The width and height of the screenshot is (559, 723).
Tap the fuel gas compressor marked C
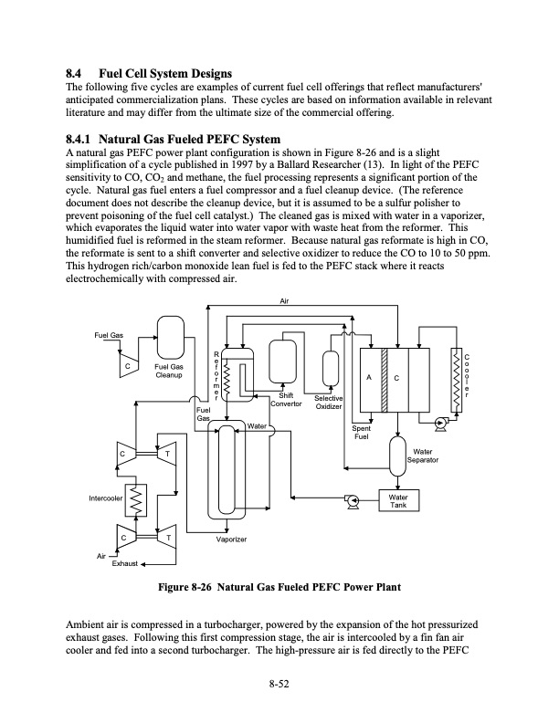pyautogui.click(x=128, y=368)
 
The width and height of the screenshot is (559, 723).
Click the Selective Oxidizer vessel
pyautogui.click(x=329, y=373)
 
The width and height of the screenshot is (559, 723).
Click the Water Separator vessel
pyautogui.click(x=397, y=453)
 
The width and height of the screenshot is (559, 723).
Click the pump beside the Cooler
pyautogui.click(x=441, y=423)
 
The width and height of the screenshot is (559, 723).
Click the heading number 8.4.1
pyautogui.click(x=83, y=138)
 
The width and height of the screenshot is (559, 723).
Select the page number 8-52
pyautogui.click(x=279, y=686)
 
